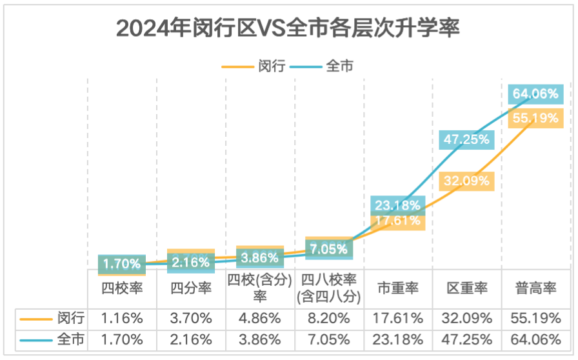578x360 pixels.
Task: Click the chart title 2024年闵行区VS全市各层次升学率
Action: click(288, 29)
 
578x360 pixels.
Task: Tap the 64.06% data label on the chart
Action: click(535, 94)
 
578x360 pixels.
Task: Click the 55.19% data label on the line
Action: click(535, 118)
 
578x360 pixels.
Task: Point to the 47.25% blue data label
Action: click(466, 139)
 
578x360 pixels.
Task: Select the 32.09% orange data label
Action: click(466, 181)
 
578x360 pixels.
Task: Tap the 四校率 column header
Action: click(122, 288)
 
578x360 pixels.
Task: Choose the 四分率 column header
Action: click(191, 288)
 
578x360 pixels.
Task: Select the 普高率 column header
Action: click(536, 288)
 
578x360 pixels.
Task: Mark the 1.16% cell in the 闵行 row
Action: click(122, 318)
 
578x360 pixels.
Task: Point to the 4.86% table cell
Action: click(260, 318)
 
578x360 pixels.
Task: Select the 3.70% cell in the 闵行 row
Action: click(191, 318)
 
